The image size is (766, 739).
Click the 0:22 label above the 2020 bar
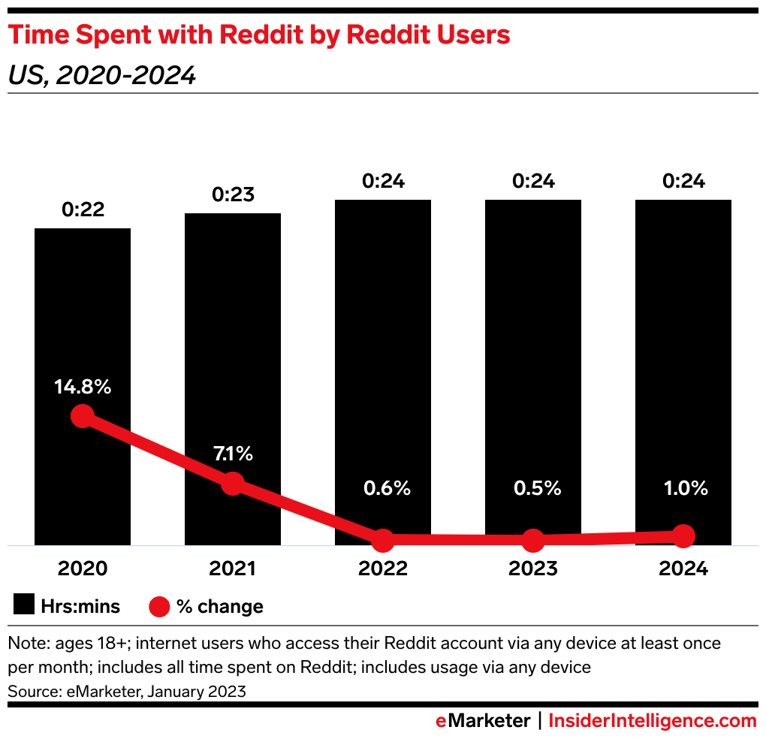coord(83,210)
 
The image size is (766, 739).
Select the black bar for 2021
coord(233,338)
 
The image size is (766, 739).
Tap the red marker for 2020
coord(82,416)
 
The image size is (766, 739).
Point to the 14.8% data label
coord(83,388)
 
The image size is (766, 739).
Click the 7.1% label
coord(233,454)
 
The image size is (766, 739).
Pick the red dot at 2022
coord(383,539)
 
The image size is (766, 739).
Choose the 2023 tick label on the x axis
coord(533,569)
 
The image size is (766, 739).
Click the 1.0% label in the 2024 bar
coord(683,488)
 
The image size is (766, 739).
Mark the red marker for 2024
coord(683,535)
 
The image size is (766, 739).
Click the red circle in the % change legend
coord(160,606)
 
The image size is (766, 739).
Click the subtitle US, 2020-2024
coord(101,75)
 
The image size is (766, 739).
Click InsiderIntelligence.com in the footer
coord(653,721)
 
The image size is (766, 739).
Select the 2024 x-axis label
coord(683,569)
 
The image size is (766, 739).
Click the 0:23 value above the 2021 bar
coord(233,195)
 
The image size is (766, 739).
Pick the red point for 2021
coord(233,484)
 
